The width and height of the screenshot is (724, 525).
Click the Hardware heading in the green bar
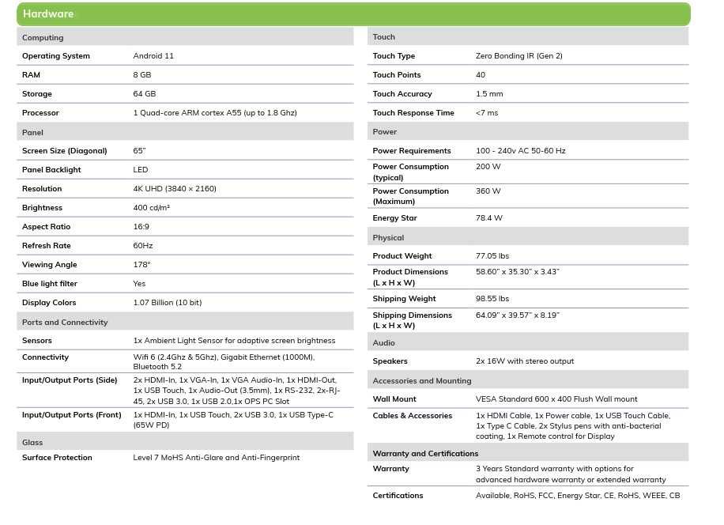pos(48,14)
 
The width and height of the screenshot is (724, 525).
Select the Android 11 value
pos(153,56)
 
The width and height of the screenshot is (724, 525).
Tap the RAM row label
pos(31,75)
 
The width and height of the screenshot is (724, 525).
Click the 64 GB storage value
pos(145,94)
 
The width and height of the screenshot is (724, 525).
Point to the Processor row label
pos(40,113)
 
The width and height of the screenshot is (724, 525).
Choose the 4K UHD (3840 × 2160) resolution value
pos(175,189)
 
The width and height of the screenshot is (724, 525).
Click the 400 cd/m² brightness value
pos(152,208)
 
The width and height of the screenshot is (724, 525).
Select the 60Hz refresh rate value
pos(143,246)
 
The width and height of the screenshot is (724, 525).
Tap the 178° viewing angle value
pos(141,265)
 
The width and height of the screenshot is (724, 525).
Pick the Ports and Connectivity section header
pos(65,323)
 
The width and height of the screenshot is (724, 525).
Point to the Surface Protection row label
pos(57,458)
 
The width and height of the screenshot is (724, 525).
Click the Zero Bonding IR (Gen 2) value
pos(519,56)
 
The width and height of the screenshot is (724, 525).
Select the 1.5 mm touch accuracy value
pos(489,94)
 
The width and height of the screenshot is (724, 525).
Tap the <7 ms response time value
pos(487,113)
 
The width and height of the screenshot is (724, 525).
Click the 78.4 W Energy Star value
pos(489,218)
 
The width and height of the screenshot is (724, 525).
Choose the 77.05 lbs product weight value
pos(492,256)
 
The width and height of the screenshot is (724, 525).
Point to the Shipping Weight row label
pos(404,299)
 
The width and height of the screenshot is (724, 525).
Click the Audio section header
pos(384,343)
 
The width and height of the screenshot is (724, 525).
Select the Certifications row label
pos(398,496)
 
